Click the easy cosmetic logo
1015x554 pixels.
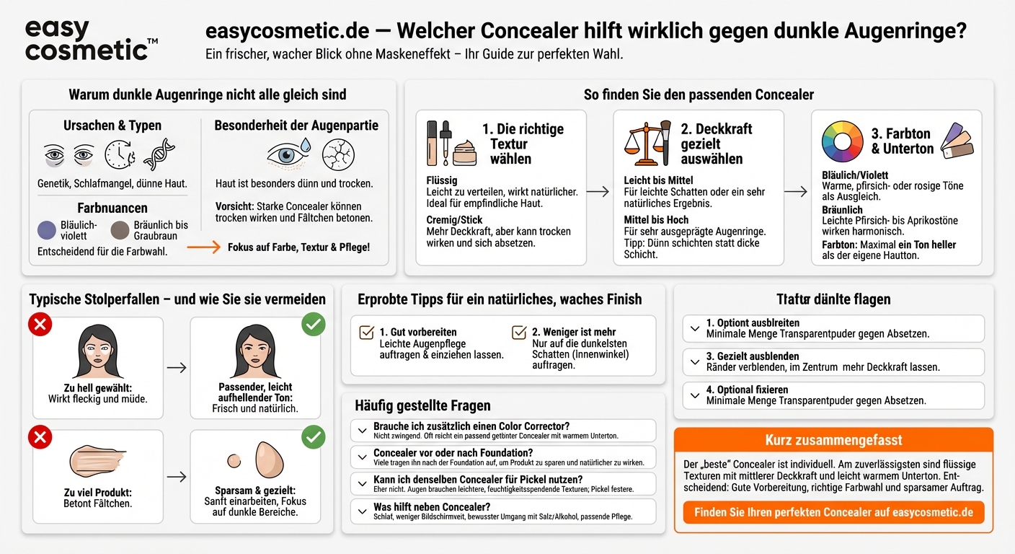click(90, 40)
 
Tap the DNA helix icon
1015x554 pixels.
click(159, 154)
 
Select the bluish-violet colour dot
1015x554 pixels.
click(47, 231)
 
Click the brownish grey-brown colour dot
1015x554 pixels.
click(120, 231)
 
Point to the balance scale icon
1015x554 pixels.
click(646, 143)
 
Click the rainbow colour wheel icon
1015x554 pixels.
click(842, 141)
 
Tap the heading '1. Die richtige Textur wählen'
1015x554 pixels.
click(523, 144)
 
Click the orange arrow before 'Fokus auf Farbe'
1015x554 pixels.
click(204, 247)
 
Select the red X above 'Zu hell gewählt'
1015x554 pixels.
click(40, 325)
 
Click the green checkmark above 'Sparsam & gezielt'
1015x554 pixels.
click(313, 437)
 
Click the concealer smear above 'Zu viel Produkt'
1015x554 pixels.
click(97, 460)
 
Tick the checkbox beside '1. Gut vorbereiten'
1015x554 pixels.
click(366, 333)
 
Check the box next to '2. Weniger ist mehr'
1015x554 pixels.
click(518, 333)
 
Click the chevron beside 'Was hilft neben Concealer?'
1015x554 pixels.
click(362, 511)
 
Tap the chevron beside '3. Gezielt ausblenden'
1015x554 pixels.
click(694, 361)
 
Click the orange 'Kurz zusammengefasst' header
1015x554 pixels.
click(833, 440)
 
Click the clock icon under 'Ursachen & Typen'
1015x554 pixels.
click(120, 154)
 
